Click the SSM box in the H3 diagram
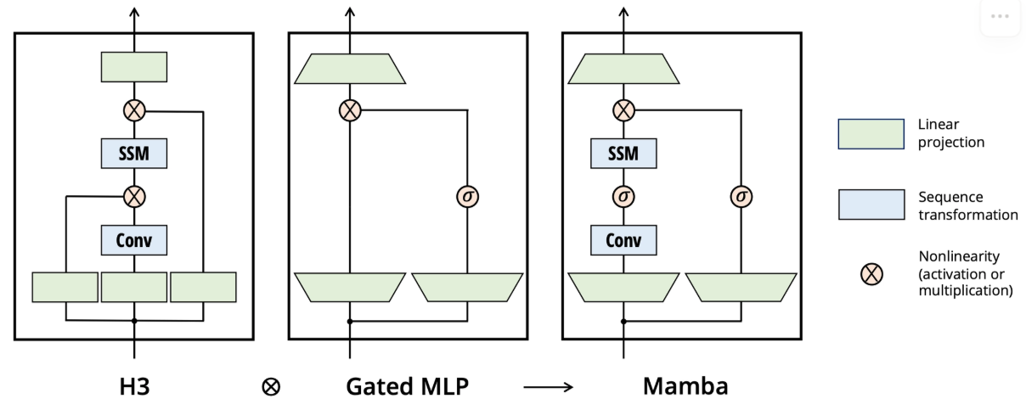[x=134, y=154]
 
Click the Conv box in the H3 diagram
[x=134, y=240]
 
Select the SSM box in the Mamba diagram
[x=623, y=154]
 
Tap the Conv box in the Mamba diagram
[x=623, y=240]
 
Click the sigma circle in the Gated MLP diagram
[x=467, y=197]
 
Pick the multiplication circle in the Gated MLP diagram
[x=349, y=110]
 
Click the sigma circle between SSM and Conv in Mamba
[x=623, y=197]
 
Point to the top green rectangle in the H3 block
[x=134, y=67]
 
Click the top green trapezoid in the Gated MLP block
[x=349, y=69]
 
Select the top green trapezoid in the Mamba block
[x=623, y=69]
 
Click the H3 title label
[x=134, y=386]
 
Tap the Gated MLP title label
[x=408, y=386]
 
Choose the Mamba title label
[x=685, y=386]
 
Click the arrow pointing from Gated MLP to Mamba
[x=548, y=388]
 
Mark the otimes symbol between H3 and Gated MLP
[x=271, y=387]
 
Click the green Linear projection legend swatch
[x=871, y=134]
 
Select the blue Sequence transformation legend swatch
[x=871, y=205]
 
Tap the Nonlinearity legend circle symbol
[x=871, y=273]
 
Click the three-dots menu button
[x=1000, y=17]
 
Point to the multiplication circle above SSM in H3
[x=134, y=110]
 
